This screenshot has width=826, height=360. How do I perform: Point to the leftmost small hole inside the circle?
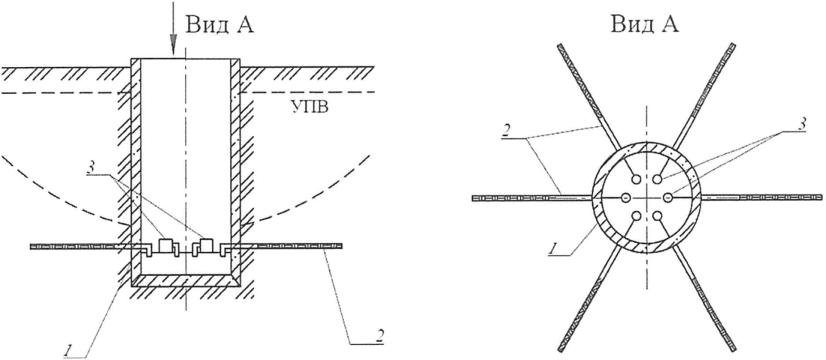pos(625,198)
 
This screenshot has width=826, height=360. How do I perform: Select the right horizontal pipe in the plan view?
pos(759,198)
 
